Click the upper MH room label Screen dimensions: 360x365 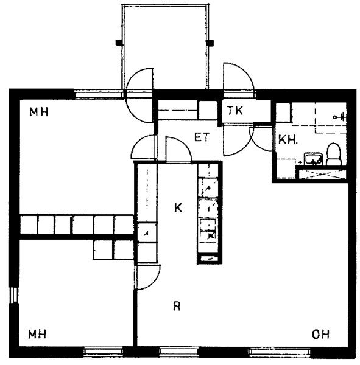click(x=39, y=112)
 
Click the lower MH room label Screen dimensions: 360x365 click(x=37, y=334)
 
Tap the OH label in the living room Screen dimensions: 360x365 click(x=320, y=335)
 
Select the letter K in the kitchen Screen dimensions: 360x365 click(x=178, y=207)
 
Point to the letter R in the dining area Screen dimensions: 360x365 click(x=177, y=306)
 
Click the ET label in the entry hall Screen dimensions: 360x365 click(x=202, y=137)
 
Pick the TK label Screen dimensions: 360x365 click(x=235, y=110)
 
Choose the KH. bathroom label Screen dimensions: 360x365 click(x=288, y=140)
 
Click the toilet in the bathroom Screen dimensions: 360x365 click(x=333, y=155)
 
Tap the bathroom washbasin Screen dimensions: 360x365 click(x=313, y=159)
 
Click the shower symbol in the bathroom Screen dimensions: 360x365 click(x=339, y=117)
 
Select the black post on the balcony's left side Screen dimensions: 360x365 click(x=119, y=43)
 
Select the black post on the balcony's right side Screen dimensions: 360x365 click(x=210, y=43)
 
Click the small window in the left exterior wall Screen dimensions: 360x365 click(x=14, y=295)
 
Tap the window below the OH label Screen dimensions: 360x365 click(x=280, y=352)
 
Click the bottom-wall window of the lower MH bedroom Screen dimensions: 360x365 click(x=103, y=352)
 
